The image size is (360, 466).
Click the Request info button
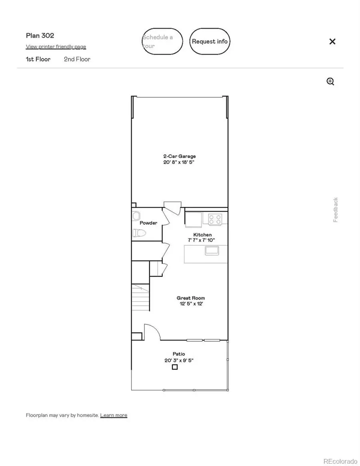click(210, 41)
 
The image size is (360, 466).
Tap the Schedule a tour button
click(162, 41)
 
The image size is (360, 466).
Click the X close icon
click(332, 41)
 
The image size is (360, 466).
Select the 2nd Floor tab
click(77, 59)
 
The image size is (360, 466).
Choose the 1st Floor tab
click(38, 59)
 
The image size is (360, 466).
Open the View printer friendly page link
click(56, 47)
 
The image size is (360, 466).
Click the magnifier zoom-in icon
click(330, 82)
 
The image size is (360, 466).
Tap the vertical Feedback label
click(336, 210)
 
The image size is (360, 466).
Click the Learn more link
click(114, 415)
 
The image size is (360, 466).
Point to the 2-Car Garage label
click(179, 156)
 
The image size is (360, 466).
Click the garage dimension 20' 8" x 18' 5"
click(179, 162)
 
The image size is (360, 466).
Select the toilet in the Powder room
click(138, 233)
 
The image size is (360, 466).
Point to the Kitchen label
click(202, 235)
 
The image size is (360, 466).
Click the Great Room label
click(191, 298)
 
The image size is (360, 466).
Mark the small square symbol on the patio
click(174, 367)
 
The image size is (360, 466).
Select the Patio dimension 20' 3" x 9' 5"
click(179, 360)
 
